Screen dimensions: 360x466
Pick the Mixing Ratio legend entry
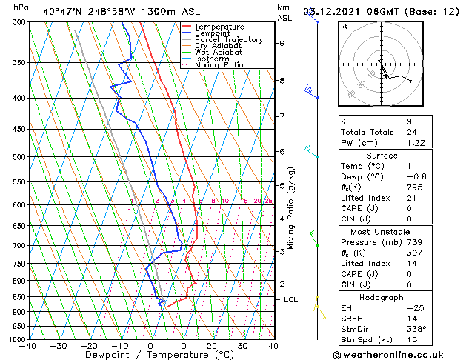[x=219, y=65]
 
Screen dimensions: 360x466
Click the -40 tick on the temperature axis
[x=28, y=346]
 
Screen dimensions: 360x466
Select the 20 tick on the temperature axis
[x=212, y=346]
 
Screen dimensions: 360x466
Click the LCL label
[x=291, y=299]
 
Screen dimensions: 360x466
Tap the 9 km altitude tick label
[x=282, y=43]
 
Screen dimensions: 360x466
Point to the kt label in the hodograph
[x=344, y=27]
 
